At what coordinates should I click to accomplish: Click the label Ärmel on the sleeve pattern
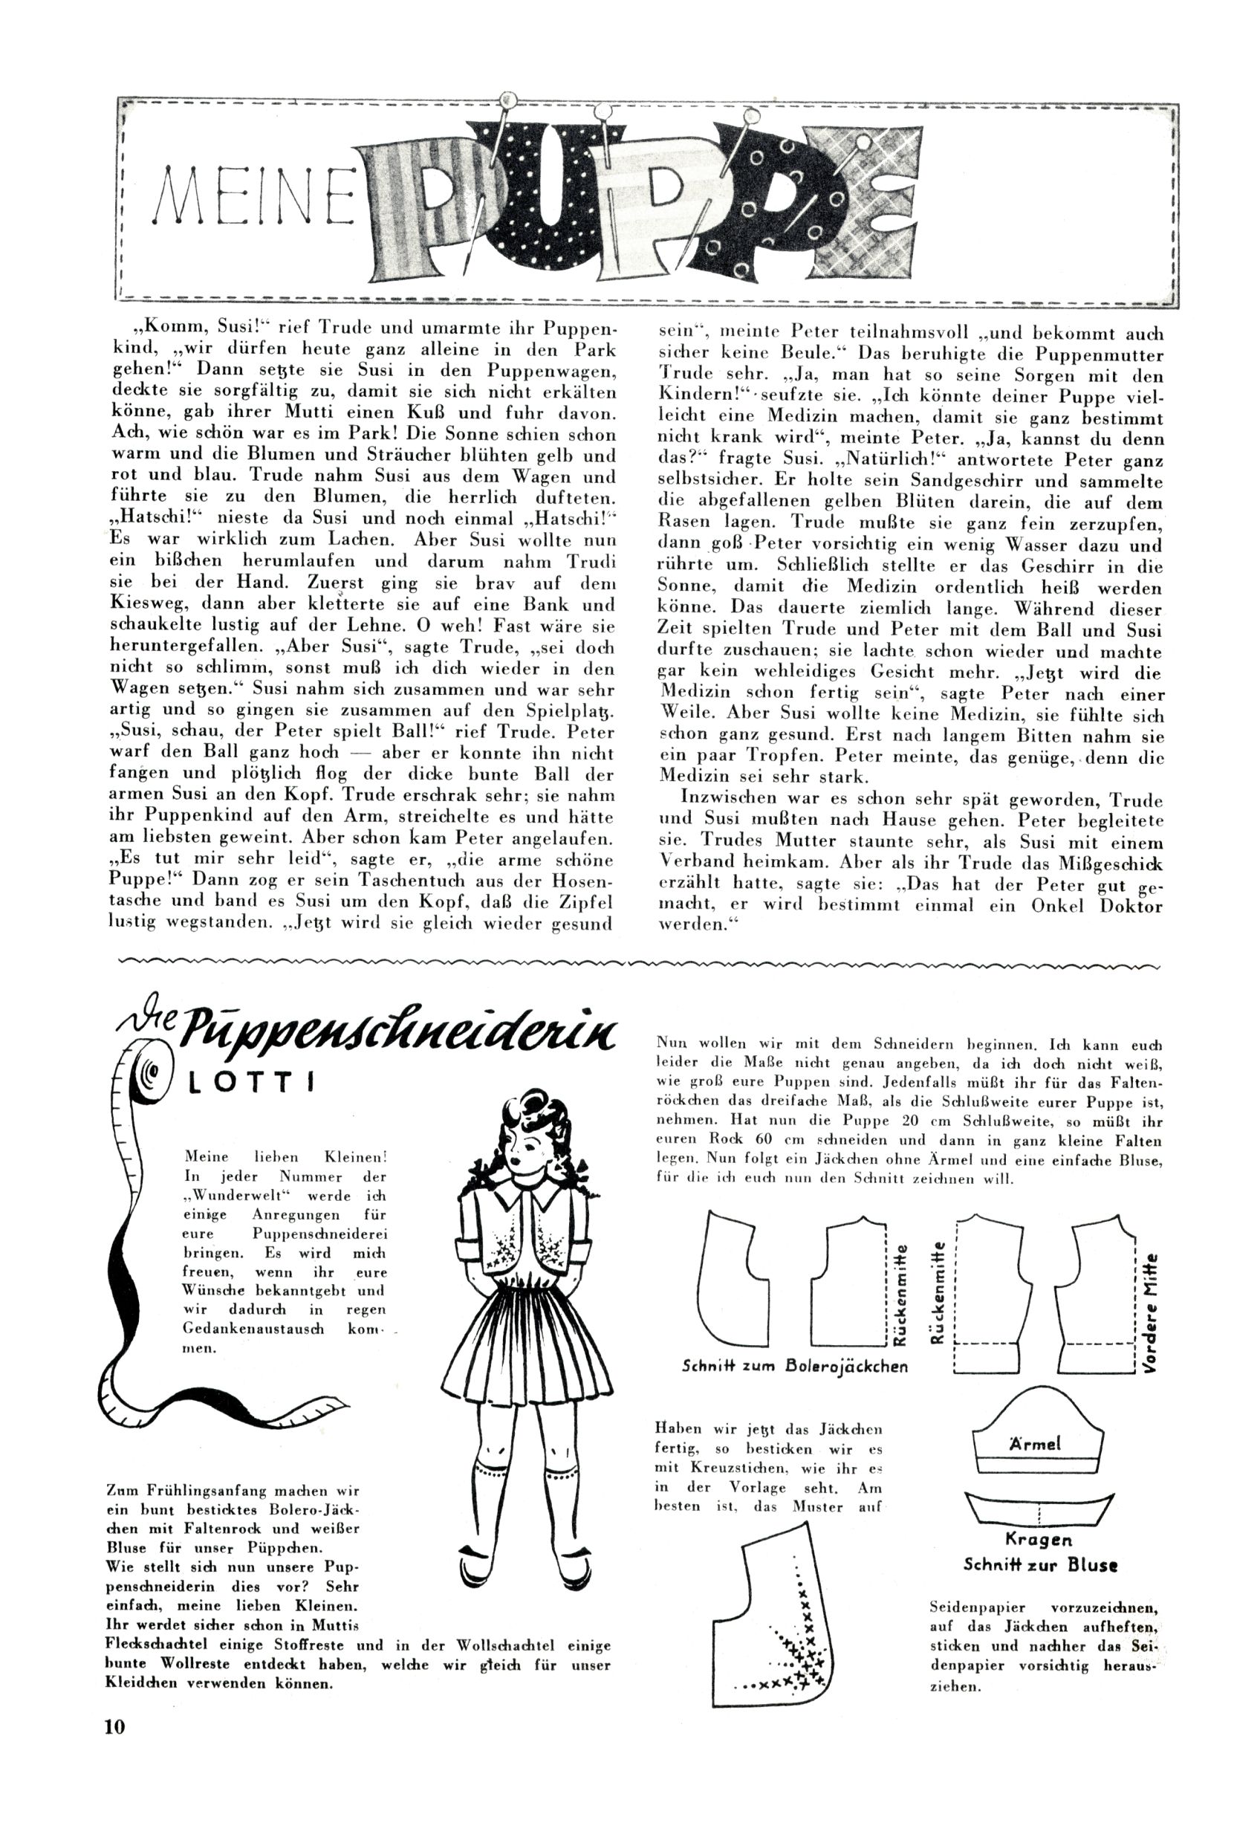point(1035,1443)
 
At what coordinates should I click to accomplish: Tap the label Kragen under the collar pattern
point(1038,1539)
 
